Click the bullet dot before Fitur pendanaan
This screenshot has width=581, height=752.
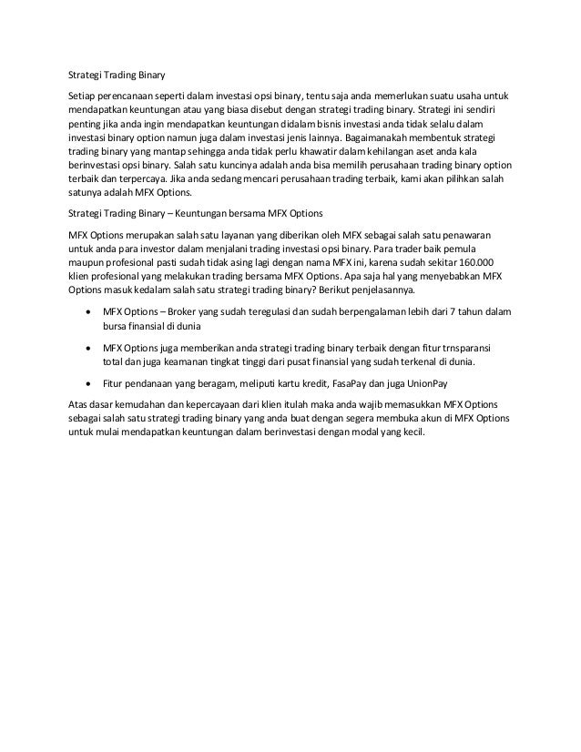point(87,383)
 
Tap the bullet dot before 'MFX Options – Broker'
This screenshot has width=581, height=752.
point(87,312)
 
